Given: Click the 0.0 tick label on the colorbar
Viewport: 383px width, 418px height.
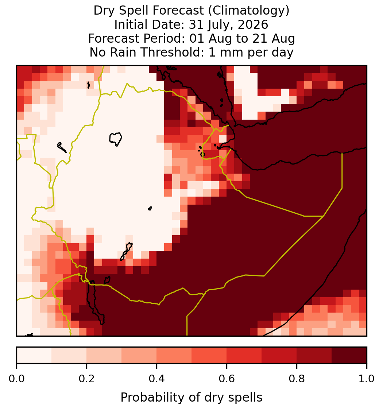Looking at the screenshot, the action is (17, 379).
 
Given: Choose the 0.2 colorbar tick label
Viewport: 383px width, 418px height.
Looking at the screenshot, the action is (86, 379).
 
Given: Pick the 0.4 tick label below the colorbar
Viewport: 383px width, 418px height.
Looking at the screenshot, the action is (157, 379).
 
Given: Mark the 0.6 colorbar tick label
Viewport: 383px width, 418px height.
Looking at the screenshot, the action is (227, 379).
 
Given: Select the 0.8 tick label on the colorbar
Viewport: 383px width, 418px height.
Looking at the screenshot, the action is (297, 379).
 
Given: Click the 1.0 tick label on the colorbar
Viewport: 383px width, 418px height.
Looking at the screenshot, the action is (367, 379).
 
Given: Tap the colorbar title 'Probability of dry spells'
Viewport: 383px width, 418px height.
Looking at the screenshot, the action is (191, 398).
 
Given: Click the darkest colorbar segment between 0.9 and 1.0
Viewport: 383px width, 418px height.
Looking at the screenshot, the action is (349, 355).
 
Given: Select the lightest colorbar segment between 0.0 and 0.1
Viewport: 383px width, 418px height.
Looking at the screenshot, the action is (34, 355).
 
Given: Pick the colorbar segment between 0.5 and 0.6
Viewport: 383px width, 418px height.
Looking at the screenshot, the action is (209, 355).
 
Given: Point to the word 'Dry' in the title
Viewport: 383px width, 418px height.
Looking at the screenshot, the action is (104, 11).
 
